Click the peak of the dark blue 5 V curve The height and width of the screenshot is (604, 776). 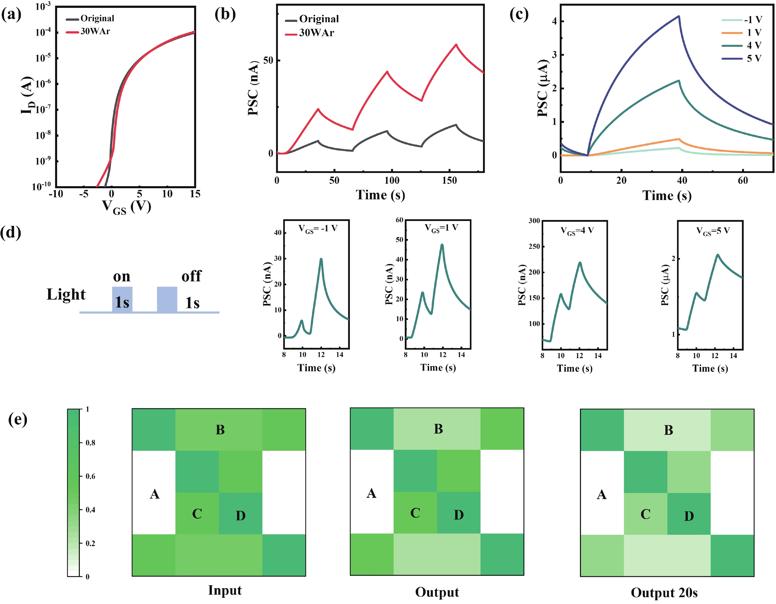point(679,16)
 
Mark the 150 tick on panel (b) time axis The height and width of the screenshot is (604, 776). point(450,181)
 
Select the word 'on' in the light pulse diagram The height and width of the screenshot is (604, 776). point(121,276)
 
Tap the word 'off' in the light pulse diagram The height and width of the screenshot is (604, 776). point(191,276)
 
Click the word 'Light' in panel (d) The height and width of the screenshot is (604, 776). point(66,295)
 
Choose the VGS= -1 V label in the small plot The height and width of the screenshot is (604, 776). point(318,229)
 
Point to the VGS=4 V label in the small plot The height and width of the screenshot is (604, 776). point(577,231)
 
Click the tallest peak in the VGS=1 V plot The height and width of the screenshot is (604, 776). point(442,245)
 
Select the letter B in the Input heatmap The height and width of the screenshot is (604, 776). point(220,430)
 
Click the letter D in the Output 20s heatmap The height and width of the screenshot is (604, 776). point(689,516)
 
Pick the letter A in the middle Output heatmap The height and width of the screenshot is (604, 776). point(371,493)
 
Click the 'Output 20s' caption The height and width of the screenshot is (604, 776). point(664,593)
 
